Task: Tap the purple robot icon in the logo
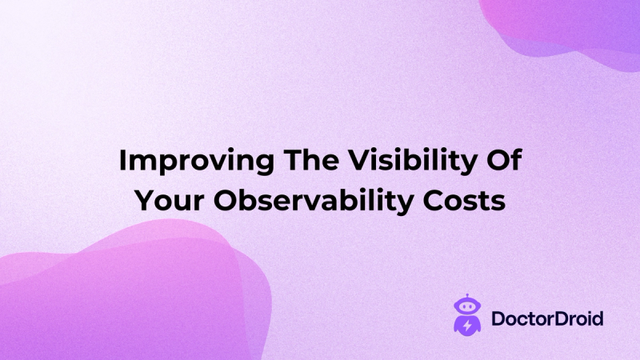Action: point(464,315)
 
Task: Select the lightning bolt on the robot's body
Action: point(464,326)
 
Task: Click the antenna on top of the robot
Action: point(464,296)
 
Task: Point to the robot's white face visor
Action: point(464,308)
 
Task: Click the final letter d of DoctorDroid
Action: point(598,319)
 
